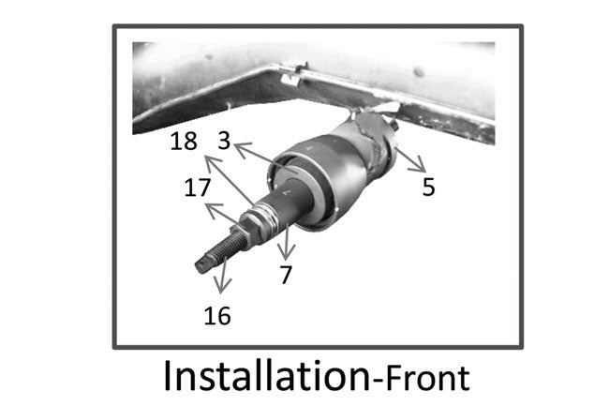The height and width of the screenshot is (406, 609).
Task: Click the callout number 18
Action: [x=184, y=143]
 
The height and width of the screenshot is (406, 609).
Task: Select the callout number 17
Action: [x=197, y=188]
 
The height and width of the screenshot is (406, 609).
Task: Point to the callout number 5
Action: [x=428, y=186]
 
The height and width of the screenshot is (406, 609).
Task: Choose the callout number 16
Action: [x=216, y=315]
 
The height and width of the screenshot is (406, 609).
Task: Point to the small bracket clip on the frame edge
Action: [x=290, y=73]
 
